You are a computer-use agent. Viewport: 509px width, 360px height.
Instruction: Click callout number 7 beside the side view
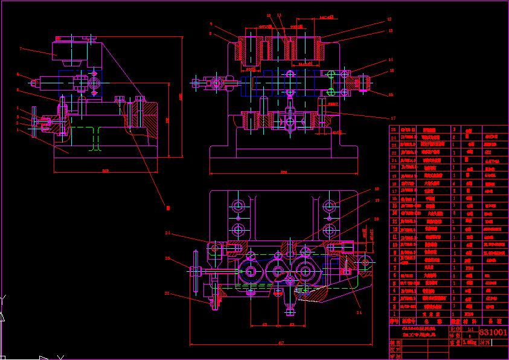tap(20, 48)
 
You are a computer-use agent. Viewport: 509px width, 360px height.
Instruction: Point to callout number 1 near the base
tap(18, 129)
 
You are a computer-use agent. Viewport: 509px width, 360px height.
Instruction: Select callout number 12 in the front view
tap(390, 19)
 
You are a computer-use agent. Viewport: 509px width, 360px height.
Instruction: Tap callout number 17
tap(393, 118)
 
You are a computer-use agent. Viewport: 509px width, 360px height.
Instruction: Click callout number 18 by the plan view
tap(377, 189)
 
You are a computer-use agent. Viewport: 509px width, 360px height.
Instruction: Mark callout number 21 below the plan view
tap(359, 313)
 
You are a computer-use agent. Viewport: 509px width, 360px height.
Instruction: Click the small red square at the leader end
tap(167, 207)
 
